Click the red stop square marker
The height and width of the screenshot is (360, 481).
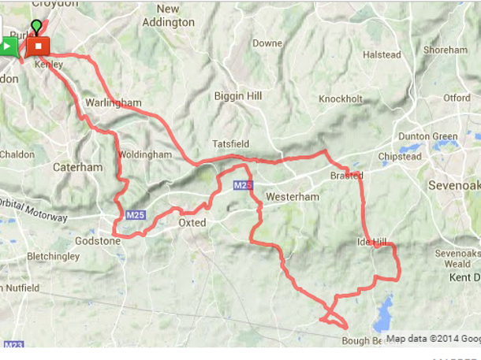[x=38, y=46]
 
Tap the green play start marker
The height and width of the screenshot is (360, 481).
[x=7, y=46]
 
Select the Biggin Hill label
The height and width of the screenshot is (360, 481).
[x=237, y=96]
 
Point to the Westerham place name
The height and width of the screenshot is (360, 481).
[x=293, y=196]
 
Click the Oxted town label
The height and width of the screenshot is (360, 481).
[x=192, y=223]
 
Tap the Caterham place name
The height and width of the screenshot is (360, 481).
[x=77, y=167]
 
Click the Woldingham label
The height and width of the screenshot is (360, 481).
[x=145, y=155]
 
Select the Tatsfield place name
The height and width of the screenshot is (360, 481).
[x=229, y=144]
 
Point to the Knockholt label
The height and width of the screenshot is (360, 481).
[x=341, y=99]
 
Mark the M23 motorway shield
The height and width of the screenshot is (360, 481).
[x=13, y=344]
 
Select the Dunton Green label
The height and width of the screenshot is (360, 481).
[x=427, y=136]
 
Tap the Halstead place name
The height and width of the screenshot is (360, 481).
[x=382, y=55]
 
